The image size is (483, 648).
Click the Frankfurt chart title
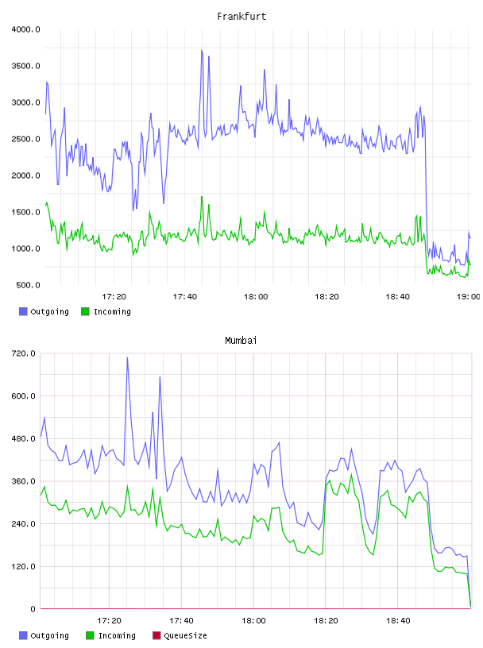pos(241,16)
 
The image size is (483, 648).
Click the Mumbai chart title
pos(241,340)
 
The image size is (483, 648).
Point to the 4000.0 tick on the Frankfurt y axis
pos(25,29)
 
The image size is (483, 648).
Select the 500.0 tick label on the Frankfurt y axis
pos(28,285)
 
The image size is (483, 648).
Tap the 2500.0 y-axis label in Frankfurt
pos(25,139)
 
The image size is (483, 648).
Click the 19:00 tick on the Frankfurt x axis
pos(469,297)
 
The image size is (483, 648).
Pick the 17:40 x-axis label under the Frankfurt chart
pos(185,297)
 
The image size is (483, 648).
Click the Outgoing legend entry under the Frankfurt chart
pos(44,311)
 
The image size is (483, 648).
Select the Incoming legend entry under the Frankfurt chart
pos(106,311)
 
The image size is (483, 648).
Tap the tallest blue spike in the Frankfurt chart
pos(202,50)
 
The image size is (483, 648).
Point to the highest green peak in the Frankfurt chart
pos(202,197)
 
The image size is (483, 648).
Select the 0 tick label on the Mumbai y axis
pos(33,609)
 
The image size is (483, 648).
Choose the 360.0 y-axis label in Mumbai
pos(23,481)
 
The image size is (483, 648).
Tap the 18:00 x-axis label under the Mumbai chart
pos(253,621)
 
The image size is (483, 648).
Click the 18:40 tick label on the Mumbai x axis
pos(398,621)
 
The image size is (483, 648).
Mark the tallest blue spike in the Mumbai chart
pos(127,358)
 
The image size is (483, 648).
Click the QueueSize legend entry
pos(180,635)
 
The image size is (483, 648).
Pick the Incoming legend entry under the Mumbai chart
pos(111,635)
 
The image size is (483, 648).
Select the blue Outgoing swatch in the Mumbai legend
pos(23,635)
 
